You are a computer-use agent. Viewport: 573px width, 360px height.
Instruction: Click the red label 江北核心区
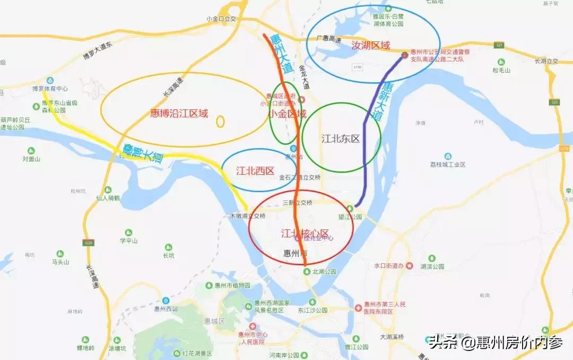(305, 233)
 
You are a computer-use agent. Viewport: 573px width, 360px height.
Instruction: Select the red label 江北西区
(255, 171)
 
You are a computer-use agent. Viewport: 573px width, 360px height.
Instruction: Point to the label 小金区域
(287, 114)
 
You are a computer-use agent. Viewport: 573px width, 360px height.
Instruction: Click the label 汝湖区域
(371, 46)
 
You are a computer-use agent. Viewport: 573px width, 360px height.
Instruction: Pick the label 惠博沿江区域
(179, 113)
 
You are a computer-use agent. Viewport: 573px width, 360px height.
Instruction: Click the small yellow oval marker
(220, 122)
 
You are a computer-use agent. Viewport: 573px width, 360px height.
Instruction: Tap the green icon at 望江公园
(350, 208)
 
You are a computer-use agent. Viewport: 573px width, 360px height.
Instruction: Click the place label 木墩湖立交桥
(247, 216)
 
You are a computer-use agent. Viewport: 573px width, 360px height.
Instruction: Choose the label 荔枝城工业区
(448, 165)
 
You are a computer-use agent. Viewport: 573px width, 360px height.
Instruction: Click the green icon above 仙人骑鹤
(108, 190)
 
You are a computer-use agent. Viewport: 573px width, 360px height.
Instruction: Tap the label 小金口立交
(220, 19)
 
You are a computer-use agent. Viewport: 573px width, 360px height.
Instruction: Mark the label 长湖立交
(546, 61)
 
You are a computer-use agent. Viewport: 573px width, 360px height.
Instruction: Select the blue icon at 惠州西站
(166, 300)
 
